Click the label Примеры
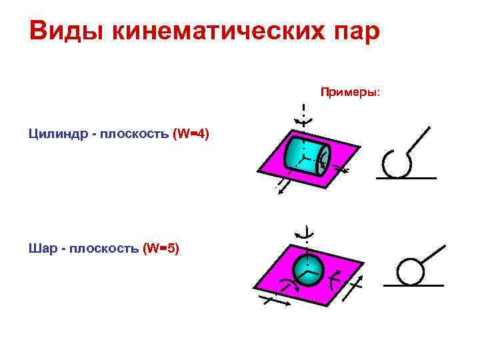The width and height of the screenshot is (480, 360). tap(350, 91)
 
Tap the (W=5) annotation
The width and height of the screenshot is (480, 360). tap(161, 249)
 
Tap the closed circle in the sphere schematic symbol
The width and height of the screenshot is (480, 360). tap(410, 271)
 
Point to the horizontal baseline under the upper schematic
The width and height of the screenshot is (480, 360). tap(406, 179)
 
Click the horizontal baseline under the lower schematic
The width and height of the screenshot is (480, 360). tap(413, 285)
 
